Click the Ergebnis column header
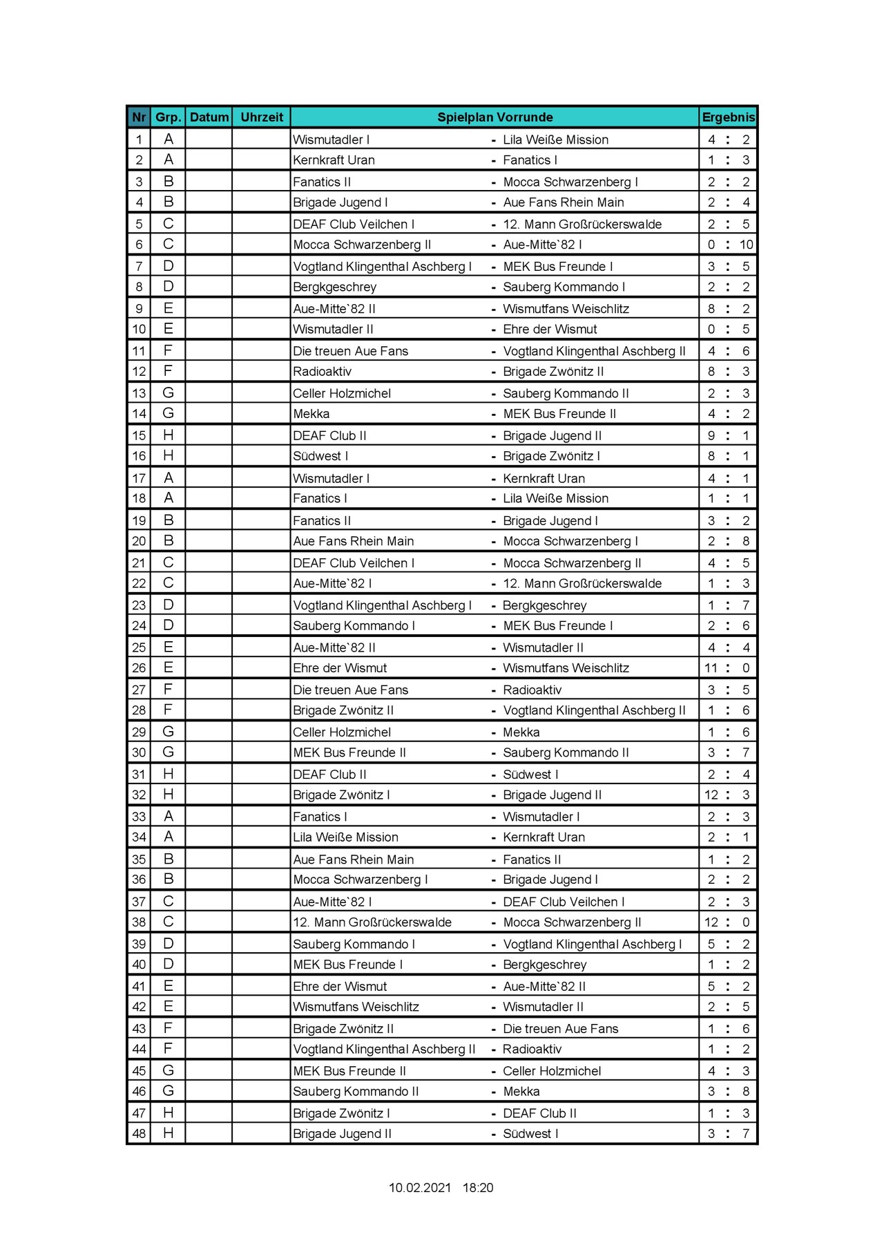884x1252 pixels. (x=728, y=117)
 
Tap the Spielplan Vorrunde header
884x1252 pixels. (x=494, y=117)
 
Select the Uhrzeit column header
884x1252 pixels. (x=262, y=117)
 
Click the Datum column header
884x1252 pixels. (x=209, y=117)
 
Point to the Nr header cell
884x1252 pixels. (x=139, y=117)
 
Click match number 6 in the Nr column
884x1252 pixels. (x=139, y=245)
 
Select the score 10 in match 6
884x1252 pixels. (x=746, y=245)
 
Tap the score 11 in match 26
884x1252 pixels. (x=711, y=668)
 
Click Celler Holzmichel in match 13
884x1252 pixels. (x=342, y=394)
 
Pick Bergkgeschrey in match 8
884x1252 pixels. (x=335, y=287)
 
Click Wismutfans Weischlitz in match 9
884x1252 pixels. (x=566, y=309)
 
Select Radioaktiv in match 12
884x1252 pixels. (x=323, y=372)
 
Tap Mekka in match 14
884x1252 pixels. (x=311, y=414)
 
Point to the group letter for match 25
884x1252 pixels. (x=168, y=647)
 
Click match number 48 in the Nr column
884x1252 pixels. (x=139, y=1134)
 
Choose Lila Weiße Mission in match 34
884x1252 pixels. (x=345, y=837)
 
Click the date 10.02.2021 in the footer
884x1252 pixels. (x=419, y=1188)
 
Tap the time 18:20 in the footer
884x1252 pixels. (x=478, y=1188)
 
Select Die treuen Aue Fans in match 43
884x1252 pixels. (x=560, y=1029)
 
